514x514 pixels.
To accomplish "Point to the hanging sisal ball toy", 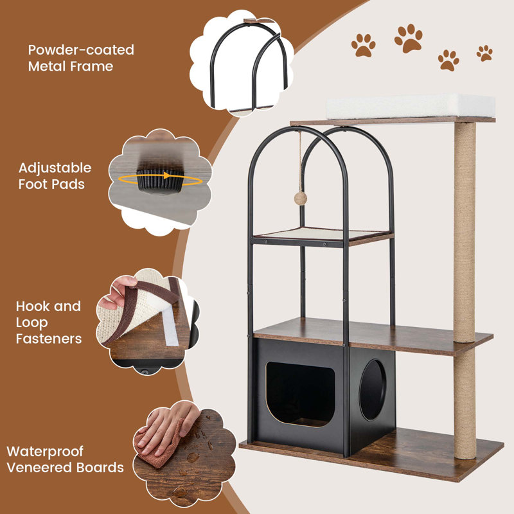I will coord(299,192).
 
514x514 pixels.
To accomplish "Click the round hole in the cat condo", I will coord(372,389).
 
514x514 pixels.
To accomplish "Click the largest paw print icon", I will coord(409,38).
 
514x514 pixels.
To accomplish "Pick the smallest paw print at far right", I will coord(484,53).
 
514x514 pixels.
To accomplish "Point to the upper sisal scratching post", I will coord(465,225).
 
